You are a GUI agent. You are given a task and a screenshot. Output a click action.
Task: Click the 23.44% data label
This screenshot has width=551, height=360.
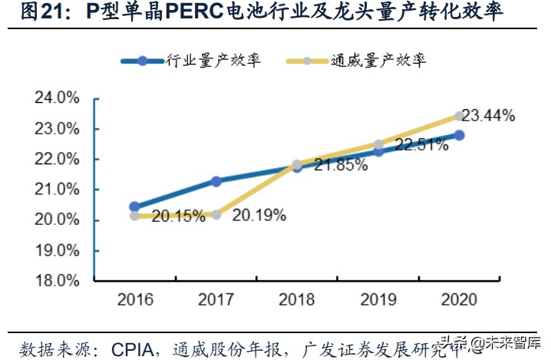[489, 116]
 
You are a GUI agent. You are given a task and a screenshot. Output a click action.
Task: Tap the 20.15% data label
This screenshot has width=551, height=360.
[177, 216]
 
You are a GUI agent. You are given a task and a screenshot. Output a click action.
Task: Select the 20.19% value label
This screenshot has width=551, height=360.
[259, 216]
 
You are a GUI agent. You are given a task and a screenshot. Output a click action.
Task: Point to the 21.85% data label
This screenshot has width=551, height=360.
[340, 165]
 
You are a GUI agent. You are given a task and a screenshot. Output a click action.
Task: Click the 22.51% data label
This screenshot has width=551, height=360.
[421, 145]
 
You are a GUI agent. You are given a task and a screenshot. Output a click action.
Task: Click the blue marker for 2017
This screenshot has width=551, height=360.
[216, 181]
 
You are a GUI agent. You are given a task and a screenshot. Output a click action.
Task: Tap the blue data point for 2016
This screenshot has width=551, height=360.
[134, 206]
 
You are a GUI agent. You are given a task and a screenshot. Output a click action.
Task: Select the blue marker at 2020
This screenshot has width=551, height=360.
[459, 134]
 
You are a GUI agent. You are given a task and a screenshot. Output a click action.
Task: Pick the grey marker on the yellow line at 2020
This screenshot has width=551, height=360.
[459, 116]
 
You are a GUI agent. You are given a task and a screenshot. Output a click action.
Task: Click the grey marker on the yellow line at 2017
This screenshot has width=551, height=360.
[216, 215]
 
